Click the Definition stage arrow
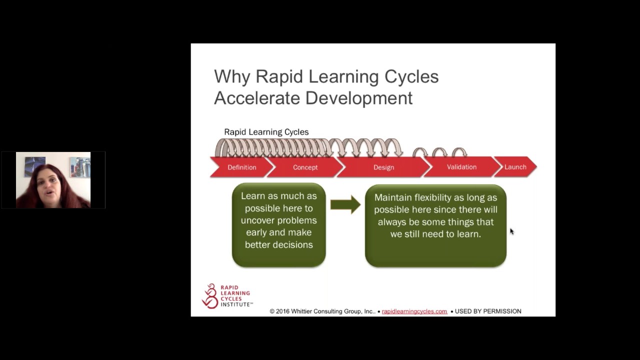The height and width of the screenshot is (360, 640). point(242,167)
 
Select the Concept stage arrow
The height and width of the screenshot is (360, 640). point(305,167)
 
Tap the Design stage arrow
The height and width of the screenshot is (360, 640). point(383,167)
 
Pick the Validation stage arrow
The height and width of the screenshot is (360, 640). point(461,167)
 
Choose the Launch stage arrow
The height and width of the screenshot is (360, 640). point(515,167)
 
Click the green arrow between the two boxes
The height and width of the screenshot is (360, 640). point(345,204)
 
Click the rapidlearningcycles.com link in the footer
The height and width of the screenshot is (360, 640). point(414,311)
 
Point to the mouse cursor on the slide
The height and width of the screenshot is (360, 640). point(511,231)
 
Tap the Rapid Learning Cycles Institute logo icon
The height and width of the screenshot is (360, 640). point(210,296)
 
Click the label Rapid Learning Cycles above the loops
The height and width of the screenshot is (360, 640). point(266,132)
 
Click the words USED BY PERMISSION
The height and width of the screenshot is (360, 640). point(488,311)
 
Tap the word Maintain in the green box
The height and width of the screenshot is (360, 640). point(392,197)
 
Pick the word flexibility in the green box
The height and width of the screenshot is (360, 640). point(435,197)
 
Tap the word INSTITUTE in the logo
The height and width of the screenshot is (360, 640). point(236,304)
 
